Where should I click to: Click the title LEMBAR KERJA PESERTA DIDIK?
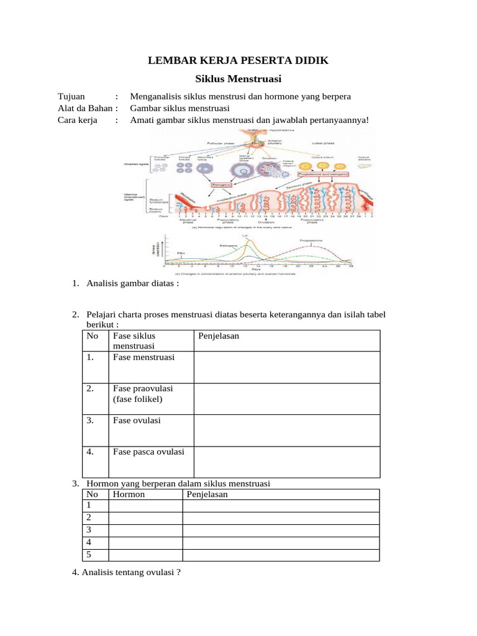[x=238, y=60]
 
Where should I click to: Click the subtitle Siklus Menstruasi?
[x=238, y=79]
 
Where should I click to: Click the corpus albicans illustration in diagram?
[x=365, y=166]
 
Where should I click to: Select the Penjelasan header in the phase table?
[x=218, y=336]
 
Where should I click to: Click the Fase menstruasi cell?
[x=143, y=357]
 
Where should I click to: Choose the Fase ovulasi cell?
[x=137, y=420]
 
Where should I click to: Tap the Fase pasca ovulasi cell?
[x=148, y=452]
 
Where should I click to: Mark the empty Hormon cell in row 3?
[x=145, y=530]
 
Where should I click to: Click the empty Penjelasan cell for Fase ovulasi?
[x=286, y=430]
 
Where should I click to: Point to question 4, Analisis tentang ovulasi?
[x=127, y=573]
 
